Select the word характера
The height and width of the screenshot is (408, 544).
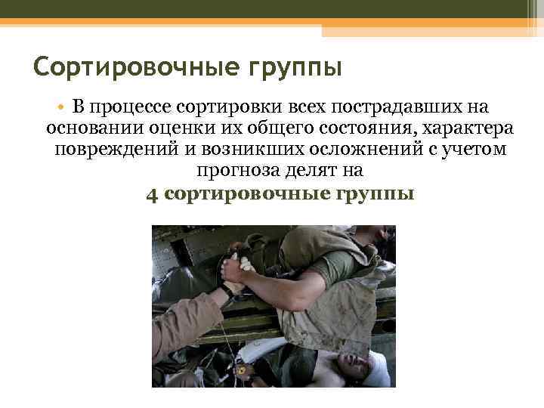point(471,127)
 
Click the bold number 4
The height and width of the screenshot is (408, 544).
point(152,194)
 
